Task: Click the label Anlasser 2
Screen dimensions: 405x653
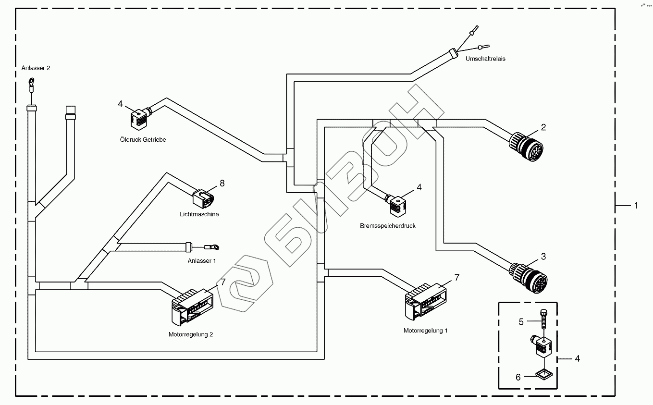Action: [36, 68]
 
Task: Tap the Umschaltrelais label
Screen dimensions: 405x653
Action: [485, 59]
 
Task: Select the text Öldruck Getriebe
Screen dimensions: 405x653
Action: [143, 140]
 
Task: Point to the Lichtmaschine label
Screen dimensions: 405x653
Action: [199, 214]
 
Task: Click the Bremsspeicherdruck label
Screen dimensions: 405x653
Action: [387, 225]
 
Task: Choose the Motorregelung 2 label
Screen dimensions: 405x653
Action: [190, 334]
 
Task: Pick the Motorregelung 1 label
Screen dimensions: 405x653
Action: [426, 331]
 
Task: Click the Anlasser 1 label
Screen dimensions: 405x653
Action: [202, 260]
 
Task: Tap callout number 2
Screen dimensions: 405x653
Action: [543, 127]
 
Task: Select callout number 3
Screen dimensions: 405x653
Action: [543, 257]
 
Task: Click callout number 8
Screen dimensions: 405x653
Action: [222, 183]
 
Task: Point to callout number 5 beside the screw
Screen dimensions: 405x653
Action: [521, 322]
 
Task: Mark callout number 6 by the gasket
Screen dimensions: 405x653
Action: [518, 377]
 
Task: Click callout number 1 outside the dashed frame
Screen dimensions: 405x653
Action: [636, 205]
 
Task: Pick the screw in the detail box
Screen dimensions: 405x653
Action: [544, 317]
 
